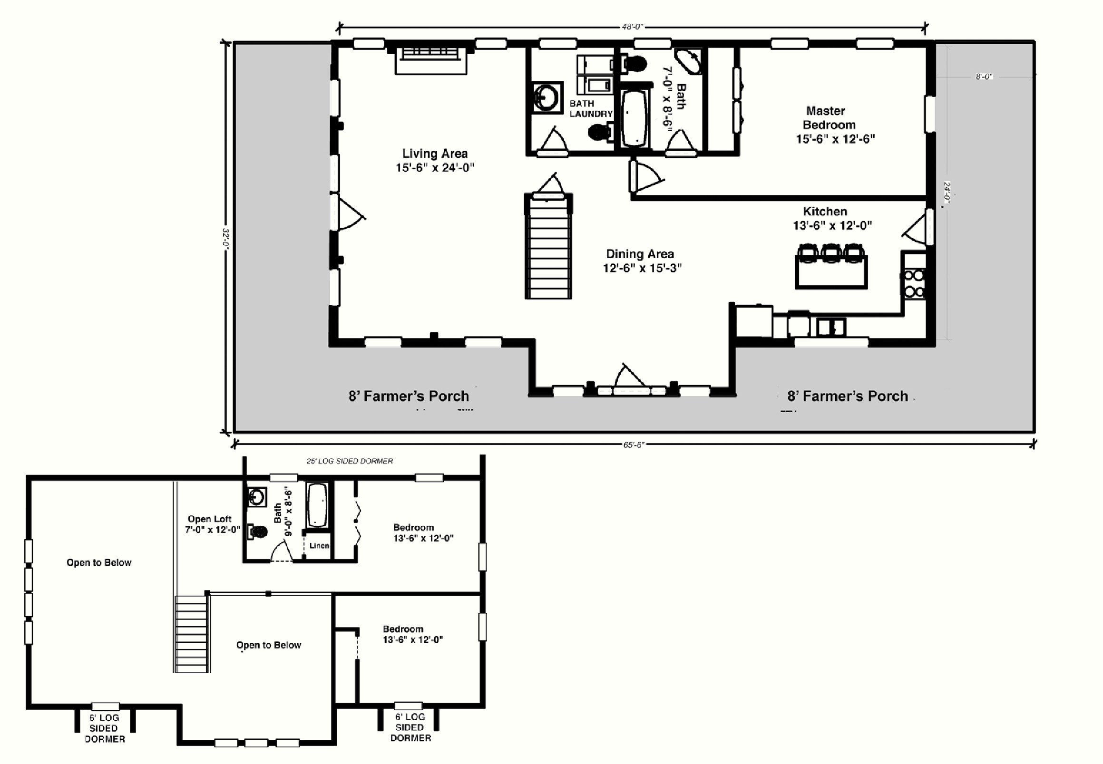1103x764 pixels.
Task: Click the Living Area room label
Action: [x=434, y=160]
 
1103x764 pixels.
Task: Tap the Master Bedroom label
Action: [x=835, y=125]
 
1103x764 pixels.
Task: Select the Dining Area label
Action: [x=642, y=261]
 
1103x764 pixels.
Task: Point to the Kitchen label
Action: [x=832, y=218]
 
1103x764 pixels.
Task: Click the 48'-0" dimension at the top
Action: [x=632, y=27]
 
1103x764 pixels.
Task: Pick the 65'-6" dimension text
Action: [x=633, y=445]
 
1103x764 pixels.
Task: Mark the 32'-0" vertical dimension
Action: [x=226, y=238]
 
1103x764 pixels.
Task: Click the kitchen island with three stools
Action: [x=831, y=266]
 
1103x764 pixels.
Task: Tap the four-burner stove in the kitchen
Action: [x=914, y=284]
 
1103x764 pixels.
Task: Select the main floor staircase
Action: [x=548, y=246]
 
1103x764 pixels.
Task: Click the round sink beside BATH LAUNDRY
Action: [x=546, y=97]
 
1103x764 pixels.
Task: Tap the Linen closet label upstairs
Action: [x=319, y=545]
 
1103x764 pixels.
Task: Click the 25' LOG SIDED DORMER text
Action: [x=350, y=461]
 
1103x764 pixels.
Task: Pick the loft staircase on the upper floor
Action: [x=192, y=634]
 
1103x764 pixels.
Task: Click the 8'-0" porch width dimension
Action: [x=984, y=77]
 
